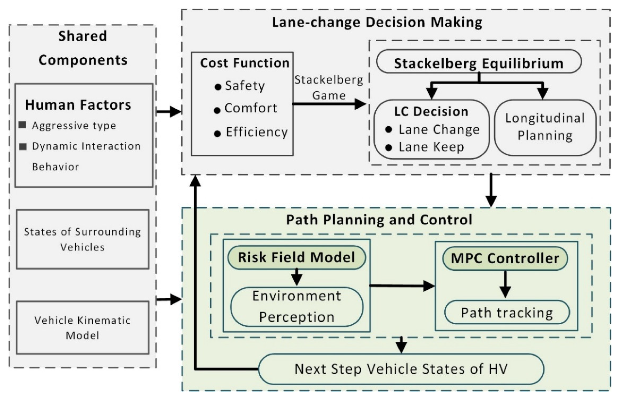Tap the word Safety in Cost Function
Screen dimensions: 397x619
click(245, 86)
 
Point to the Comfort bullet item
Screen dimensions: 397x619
click(251, 108)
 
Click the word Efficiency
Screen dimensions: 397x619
click(257, 132)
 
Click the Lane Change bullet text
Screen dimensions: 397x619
click(439, 130)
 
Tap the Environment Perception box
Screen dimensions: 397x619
click(297, 306)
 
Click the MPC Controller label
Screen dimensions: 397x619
click(505, 258)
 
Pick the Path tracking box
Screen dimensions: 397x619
click(507, 313)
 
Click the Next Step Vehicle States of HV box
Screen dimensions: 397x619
click(401, 369)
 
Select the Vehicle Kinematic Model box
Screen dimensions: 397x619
click(83, 328)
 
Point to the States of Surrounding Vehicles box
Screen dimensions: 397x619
click(83, 239)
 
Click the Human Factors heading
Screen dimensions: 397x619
click(78, 105)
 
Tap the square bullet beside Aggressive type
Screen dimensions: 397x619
click(23, 125)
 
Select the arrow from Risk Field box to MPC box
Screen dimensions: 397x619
click(402, 286)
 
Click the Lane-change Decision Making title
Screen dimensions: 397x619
click(377, 22)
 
